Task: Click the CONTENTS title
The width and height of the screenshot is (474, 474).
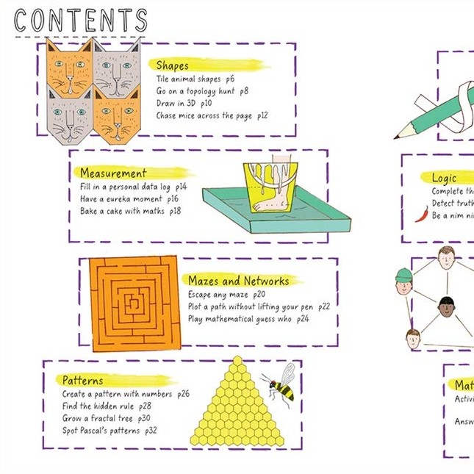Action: click(81, 21)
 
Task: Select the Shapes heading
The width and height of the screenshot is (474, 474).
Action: click(172, 65)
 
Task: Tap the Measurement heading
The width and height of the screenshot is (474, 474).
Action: click(113, 173)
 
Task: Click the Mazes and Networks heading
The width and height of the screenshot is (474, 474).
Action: click(238, 281)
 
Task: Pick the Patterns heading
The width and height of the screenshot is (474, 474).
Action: click(82, 380)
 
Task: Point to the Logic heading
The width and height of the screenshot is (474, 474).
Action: click(444, 178)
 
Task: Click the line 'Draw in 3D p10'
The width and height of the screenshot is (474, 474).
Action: click(184, 104)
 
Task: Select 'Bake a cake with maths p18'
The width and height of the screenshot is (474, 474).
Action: click(130, 212)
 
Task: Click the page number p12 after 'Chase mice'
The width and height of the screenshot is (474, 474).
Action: click(262, 116)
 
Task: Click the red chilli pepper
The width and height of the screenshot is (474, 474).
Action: click(421, 213)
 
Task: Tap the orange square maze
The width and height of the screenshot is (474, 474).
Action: click(134, 302)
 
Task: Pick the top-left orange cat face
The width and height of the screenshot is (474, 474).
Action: click(69, 68)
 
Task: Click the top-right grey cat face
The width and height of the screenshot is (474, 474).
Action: click(116, 68)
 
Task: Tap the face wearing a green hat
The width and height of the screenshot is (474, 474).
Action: click(403, 282)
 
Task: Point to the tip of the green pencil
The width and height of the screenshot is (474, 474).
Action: click(395, 137)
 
